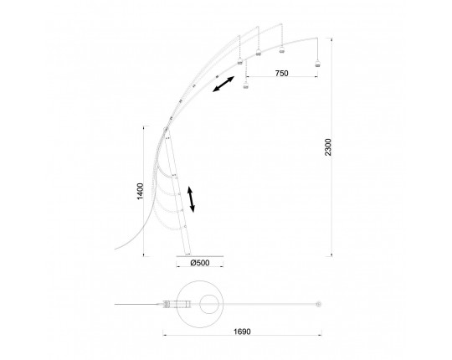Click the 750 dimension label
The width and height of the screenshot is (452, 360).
click(x=281, y=73)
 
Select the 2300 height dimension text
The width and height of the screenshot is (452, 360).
click(x=328, y=147)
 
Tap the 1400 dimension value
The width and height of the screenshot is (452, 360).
click(x=140, y=191)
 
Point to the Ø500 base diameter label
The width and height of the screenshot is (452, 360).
click(x=200, y=263)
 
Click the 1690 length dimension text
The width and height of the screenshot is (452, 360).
click(x=242, y=332)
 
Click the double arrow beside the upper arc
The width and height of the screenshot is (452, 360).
click(x=223, y=84)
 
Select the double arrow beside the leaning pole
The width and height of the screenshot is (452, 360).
click(x=191, y=199)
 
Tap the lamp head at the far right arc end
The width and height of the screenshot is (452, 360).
click(x=318, y=64)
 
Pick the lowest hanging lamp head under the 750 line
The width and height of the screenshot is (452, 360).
click(x=245, y=85)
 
